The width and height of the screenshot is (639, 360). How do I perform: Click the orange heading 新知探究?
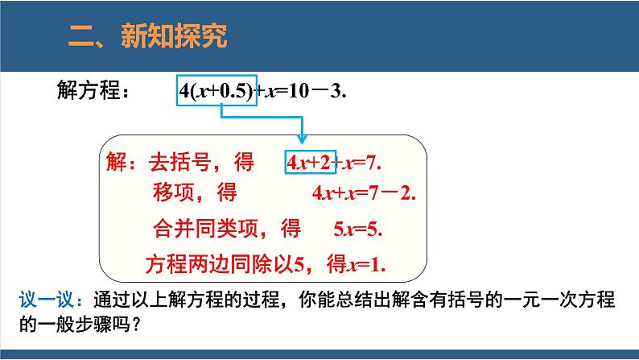[x=174, y=36]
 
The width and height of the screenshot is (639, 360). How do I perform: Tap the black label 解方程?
[x=89, y=90]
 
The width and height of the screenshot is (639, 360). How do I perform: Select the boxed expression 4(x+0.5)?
[x=216, y=90]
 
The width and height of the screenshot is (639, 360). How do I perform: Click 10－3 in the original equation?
[x=315, y=91]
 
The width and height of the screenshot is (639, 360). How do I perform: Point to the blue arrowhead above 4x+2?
[x=302, y=139]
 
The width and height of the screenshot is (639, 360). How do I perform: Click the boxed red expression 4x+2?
[x=310, y=162]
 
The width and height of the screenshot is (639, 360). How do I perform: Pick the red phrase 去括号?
[x=179, y=162]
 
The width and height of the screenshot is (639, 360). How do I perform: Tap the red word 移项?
[x=174, y=192]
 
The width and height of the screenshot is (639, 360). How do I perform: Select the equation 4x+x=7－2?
[x=364, y=192]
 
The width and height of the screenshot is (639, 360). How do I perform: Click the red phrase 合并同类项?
[x=206, y=228]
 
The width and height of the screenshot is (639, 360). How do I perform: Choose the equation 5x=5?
[x=358, y=230]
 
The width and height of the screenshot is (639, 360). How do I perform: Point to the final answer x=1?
[x=365, y=265]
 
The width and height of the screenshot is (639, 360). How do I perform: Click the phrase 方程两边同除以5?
[x=225, y=264]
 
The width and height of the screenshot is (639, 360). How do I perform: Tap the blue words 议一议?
[x=47, y=300]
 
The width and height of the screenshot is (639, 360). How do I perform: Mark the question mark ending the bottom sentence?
[x=137, y=325]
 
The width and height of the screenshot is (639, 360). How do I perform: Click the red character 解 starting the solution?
[x=116, y=162]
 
